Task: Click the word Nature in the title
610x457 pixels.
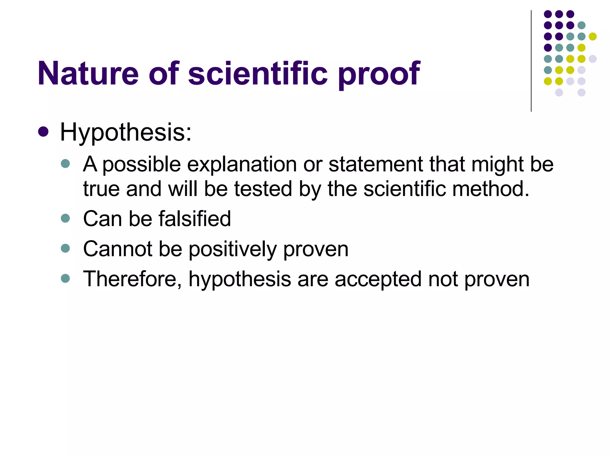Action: point(88,73)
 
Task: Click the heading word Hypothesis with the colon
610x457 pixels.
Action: point(126,132)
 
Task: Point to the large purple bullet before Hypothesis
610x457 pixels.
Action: point(43,132)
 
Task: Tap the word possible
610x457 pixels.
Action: point(141,165)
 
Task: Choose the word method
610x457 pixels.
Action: point(491,189)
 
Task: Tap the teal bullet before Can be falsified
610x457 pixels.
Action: point(65,218)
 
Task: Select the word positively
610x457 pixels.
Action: point(233,250)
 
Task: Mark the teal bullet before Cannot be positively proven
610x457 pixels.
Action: point(65,248)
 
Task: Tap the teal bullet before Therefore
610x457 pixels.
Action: point(65,278)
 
